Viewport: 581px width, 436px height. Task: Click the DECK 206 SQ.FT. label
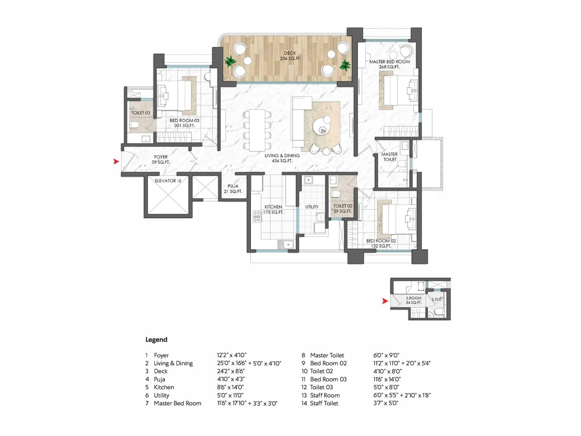coord(290,56)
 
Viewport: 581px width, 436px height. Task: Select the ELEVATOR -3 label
coord(168,181)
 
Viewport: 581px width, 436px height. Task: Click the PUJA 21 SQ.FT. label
coord(233,189)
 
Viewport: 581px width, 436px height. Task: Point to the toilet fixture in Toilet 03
coord(134,125)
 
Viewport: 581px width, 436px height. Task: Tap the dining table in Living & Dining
coord(257,130)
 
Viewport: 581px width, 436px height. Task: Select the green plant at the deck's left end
coord(230,61)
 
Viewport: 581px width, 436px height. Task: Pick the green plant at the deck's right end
coord(345,65)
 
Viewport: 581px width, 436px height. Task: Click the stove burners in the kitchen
coord(257,217)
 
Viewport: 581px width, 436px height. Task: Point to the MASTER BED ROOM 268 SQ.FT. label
coord(389,64)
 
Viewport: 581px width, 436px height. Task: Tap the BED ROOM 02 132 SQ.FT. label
coord(381,243)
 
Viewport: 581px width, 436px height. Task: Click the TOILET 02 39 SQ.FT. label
coord(342,208)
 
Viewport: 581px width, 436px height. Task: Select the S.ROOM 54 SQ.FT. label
coord(414,300)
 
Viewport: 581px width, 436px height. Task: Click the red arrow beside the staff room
coord(385,301)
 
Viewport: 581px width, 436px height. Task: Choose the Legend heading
coord(156,340)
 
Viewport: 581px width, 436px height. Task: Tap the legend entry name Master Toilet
coord(327,355)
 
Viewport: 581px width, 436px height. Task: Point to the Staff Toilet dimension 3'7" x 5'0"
coord(386,403)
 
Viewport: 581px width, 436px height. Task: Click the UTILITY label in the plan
coord(312,207)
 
